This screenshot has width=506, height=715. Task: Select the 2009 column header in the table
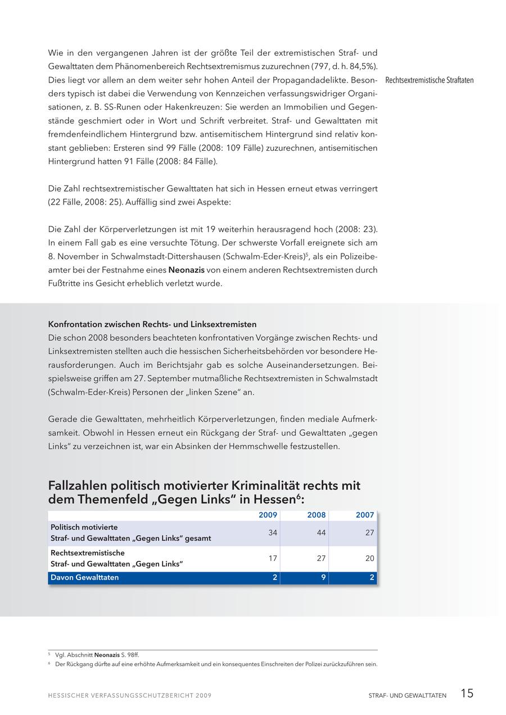268,515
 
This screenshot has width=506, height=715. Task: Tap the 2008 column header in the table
317,515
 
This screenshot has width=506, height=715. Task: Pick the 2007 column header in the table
365,515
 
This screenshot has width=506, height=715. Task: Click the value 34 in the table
273,533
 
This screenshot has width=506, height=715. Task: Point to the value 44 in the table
321,533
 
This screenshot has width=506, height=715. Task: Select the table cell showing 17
273,559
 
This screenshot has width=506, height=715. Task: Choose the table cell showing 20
369,559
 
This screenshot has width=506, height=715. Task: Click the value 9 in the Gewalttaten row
323,577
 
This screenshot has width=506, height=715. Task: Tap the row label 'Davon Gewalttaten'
85,577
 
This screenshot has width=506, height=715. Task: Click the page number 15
467,694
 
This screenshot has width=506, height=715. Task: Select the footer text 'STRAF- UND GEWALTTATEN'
408,696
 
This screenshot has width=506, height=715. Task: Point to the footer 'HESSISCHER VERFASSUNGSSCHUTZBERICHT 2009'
130,696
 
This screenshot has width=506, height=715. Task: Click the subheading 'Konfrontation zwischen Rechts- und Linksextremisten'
152,324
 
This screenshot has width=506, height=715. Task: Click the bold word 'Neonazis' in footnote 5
107,655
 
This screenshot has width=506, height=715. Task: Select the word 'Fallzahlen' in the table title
80,486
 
